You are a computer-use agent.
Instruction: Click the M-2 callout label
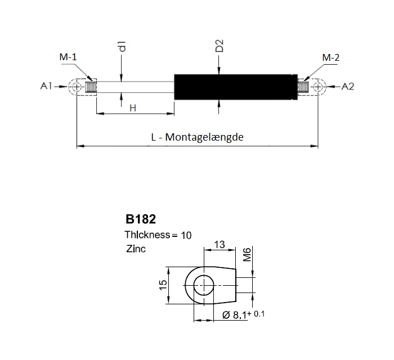tap(330, 57)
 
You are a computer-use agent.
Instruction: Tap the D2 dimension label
tap(220, 46)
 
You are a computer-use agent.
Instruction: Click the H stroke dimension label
tap(133, 107)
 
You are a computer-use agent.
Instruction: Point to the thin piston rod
tap(135, 87)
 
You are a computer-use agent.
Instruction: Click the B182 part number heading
tap(140, 219)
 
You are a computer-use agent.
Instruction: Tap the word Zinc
tap(136, 248)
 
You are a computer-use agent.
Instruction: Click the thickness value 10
tap(185, 235)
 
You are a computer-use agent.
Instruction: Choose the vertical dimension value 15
tap(162, 285)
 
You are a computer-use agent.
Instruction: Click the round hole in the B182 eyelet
tap(204, 285)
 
